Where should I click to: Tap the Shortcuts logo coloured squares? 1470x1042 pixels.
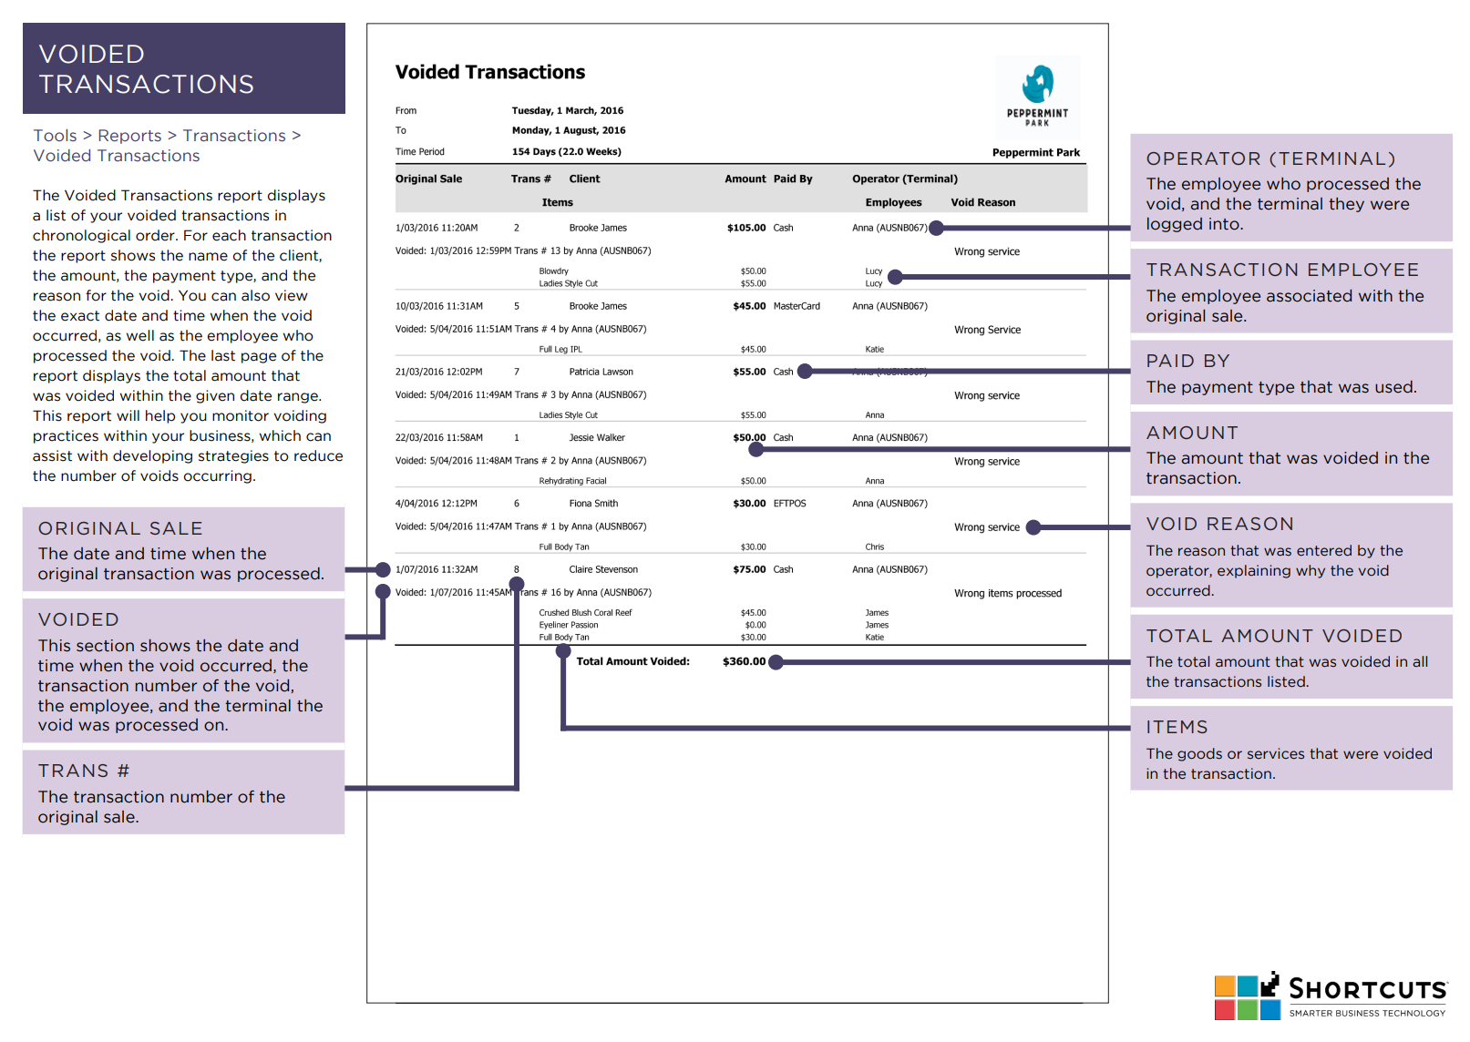coord(1247,997)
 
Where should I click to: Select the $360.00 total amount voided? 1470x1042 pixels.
coord(744,661)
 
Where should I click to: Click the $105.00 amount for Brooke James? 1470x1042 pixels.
coord(746,228)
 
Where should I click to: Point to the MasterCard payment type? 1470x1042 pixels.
coord(796,305)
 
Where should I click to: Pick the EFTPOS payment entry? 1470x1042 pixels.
coord(789,503)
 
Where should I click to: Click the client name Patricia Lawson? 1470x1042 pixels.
coord(601,372)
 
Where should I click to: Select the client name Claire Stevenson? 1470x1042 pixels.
coord(603,569)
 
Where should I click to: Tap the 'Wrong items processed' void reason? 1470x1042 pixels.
coord(1007,593)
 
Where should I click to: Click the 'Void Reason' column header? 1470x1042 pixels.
coord(982,202)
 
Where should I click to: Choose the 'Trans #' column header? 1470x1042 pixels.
coord(530,179)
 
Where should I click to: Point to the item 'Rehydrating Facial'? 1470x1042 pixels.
coord(572,481)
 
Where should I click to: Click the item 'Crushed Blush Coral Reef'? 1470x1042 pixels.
coord(585,612)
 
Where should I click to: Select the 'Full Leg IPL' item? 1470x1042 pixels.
coord(560,349)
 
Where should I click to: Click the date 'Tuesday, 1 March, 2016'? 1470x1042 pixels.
coord(567,110)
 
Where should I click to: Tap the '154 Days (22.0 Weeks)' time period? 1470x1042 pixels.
coord(566,151)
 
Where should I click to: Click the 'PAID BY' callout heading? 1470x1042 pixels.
coord(1187,361)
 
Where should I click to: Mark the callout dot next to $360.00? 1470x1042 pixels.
coord(776,661)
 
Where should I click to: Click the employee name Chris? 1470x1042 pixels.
coord(874,547)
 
